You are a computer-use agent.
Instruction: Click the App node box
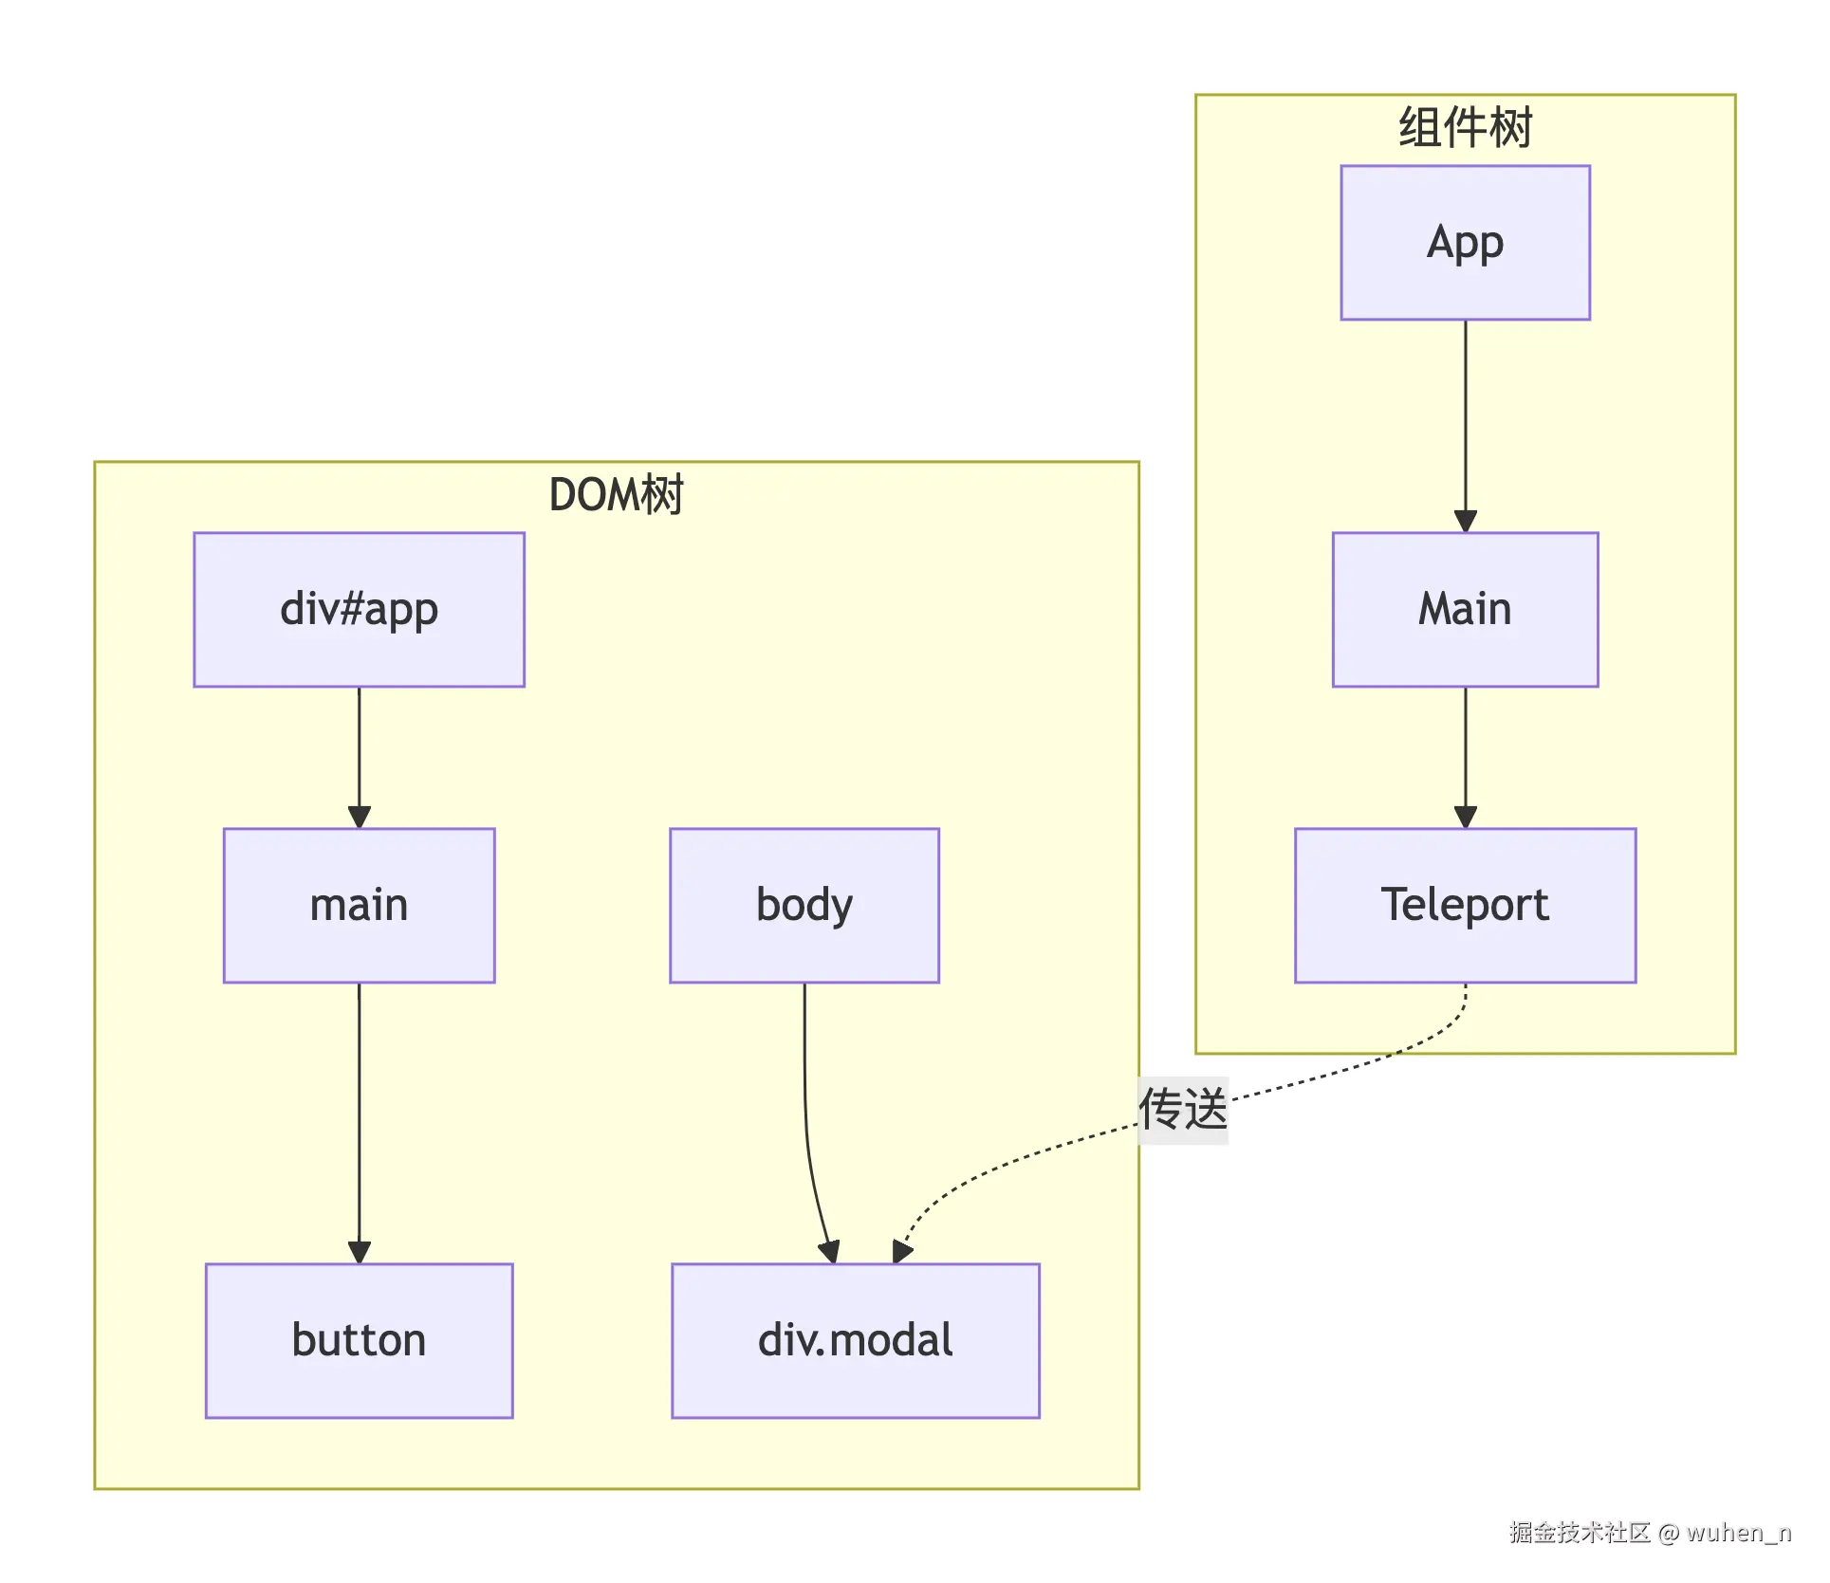point(1465,243)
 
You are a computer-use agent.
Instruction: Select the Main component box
point(1465,609)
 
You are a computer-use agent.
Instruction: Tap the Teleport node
point(1465,905)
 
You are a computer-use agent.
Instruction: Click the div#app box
point(359,609)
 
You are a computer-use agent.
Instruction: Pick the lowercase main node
point(359,905)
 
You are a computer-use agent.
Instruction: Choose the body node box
point(804,905)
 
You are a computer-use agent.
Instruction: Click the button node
point(359,1340)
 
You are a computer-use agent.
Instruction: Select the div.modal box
point(855,1340)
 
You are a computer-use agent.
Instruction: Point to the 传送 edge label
point(1182,1109)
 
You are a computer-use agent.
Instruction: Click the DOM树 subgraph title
point(616,495)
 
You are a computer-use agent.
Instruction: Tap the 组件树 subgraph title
point(1465,128)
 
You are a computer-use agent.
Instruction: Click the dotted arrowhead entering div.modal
point(901,1251)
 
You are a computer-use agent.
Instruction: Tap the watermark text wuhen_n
point(1738,1533)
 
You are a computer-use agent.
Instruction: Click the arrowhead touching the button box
point(359,1252)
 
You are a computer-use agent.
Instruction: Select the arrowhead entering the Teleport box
point(1466,817)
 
